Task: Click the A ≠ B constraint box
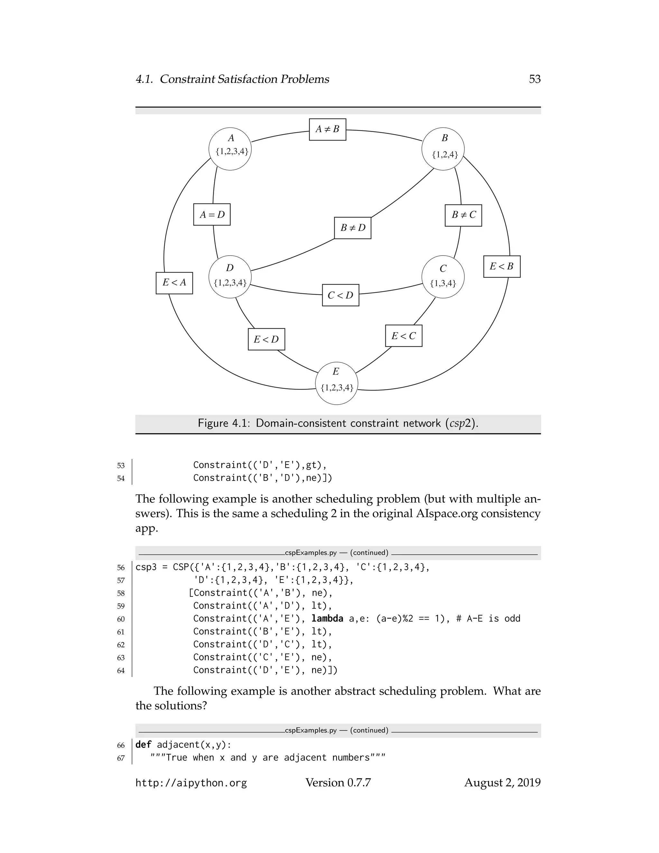327,129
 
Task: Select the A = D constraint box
212,214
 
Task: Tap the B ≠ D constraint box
353,228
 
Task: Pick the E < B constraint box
502,267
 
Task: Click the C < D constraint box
340,295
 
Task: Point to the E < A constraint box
174,283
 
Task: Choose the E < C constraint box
404,336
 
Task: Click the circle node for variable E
337,383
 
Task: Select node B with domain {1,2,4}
443,149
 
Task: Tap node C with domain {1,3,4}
443,277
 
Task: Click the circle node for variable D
230,277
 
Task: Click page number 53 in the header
534,79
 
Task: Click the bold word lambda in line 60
327,619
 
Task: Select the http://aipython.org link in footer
191,783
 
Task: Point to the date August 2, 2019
502,783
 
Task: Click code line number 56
121,567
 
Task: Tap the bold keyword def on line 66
143,745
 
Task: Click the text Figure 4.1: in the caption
223,423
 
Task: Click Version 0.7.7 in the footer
338,783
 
